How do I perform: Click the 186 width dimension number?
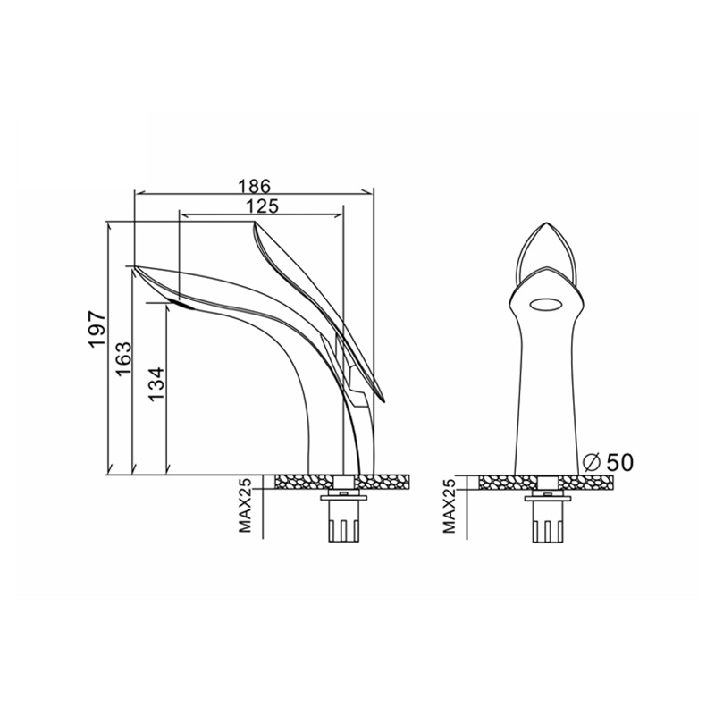point(254,186)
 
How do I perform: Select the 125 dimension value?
point(262,206)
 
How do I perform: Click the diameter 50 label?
point(618,462)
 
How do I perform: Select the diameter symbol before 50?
point(590,462)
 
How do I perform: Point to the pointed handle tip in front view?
point(543,220)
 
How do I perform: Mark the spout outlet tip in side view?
point(136,267)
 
